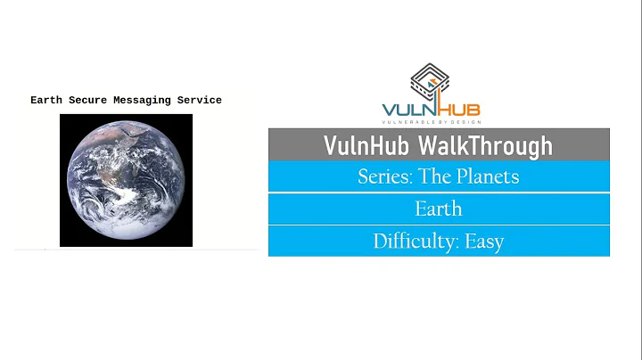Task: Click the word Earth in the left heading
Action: [45, 101]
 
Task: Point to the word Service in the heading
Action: [199, 101]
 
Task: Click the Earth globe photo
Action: [126, 180]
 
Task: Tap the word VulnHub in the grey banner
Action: [369, 145]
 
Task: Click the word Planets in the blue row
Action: [489, 176]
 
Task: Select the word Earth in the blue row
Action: [439, 209]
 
